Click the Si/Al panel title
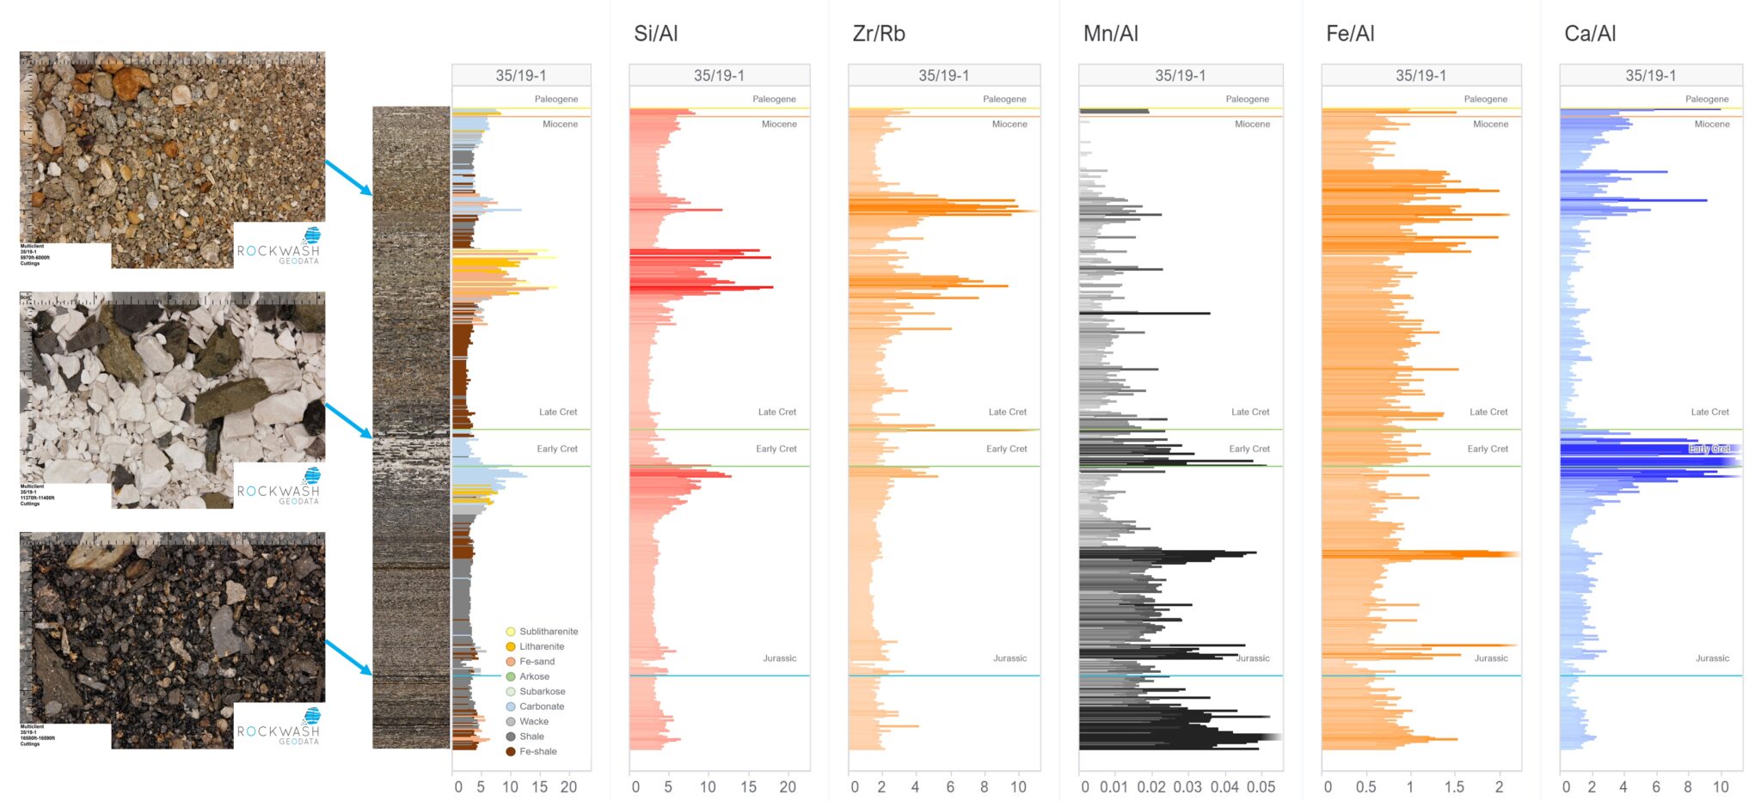[655, 34]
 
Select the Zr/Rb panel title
[878, 34]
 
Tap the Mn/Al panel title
[1110, 34]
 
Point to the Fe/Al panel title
[1350, 34]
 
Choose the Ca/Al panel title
[1590, 34]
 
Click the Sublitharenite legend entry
[548, 632]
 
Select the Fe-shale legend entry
[537, 752]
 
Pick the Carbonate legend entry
[541, 706]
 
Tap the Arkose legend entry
[533, 676]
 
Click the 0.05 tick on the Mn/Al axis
[1261, 787]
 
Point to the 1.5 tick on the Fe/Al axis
[1454, 787]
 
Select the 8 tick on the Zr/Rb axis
[984, 787]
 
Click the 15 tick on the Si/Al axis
[748, 787]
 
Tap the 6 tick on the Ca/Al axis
[1656, 787]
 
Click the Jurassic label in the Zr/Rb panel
[1009, 658]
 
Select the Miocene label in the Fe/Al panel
[1490, 125]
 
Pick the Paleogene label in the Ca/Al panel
[1706, 100]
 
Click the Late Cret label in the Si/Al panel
[776, 413]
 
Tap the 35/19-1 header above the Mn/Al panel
[1180, 76]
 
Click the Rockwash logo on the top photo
[279, 247]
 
